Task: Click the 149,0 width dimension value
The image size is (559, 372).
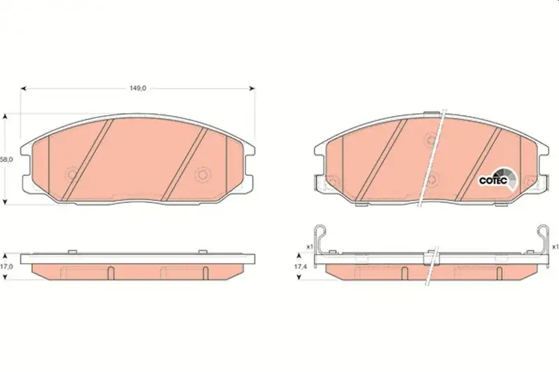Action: (x=138, y=88)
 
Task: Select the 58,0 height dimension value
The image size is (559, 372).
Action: (x=6, y=160)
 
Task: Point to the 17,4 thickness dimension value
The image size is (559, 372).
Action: (x=300, y=267)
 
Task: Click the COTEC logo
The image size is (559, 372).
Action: (x=498, y=179)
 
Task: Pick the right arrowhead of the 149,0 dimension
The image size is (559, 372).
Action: (x=252, y=88)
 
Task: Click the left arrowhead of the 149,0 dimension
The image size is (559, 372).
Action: (x=24, y=88)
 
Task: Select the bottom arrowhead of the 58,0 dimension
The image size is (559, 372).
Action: (x=5, y=202)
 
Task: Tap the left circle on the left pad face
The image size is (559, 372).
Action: (x=73, y=174)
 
